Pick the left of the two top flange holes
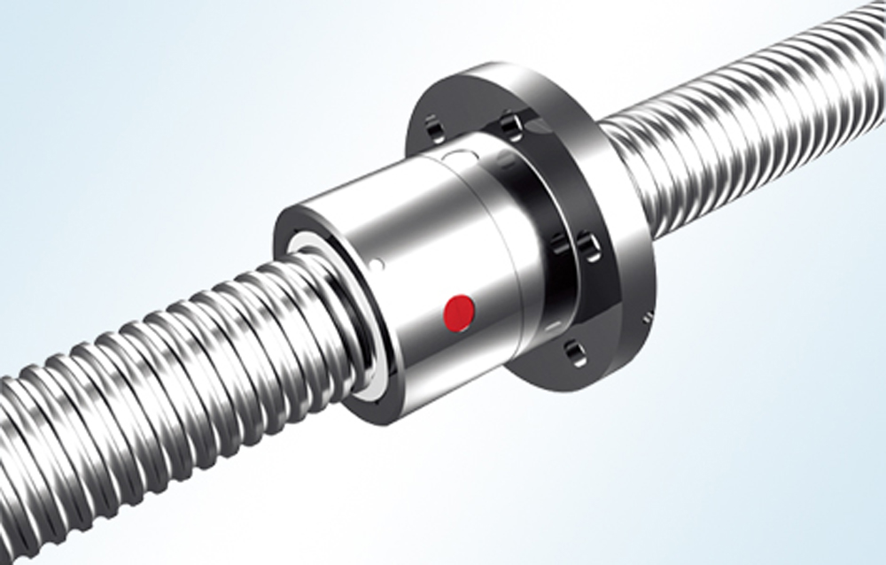pyautogui.click(x=433, y=128)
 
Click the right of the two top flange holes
pyautogui.click(x=511, y=125)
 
